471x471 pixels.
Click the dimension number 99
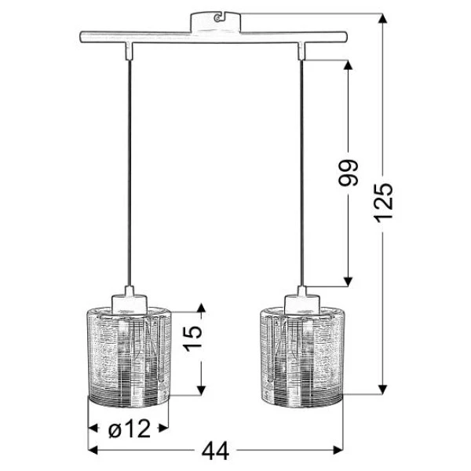coord(349,173)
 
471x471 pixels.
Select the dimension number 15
coord(193,338)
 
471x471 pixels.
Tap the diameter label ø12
coord(130,428)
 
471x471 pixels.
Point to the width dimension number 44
coord(215,451)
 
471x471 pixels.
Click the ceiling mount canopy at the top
coord(216,22)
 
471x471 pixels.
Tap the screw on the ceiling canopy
coord(217,18)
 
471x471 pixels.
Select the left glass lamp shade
coord(129,357)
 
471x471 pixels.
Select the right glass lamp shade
coord(302,357)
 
